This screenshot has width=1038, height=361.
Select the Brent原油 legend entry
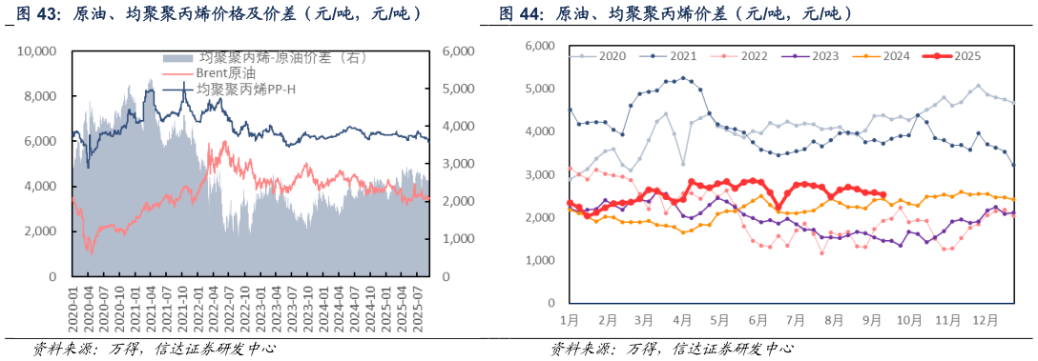coord(224,73)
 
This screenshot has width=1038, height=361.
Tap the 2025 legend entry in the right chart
coord(964,56)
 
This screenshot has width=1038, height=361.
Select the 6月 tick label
coord(758,318)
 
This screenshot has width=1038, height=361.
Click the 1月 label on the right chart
coord(570,318)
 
